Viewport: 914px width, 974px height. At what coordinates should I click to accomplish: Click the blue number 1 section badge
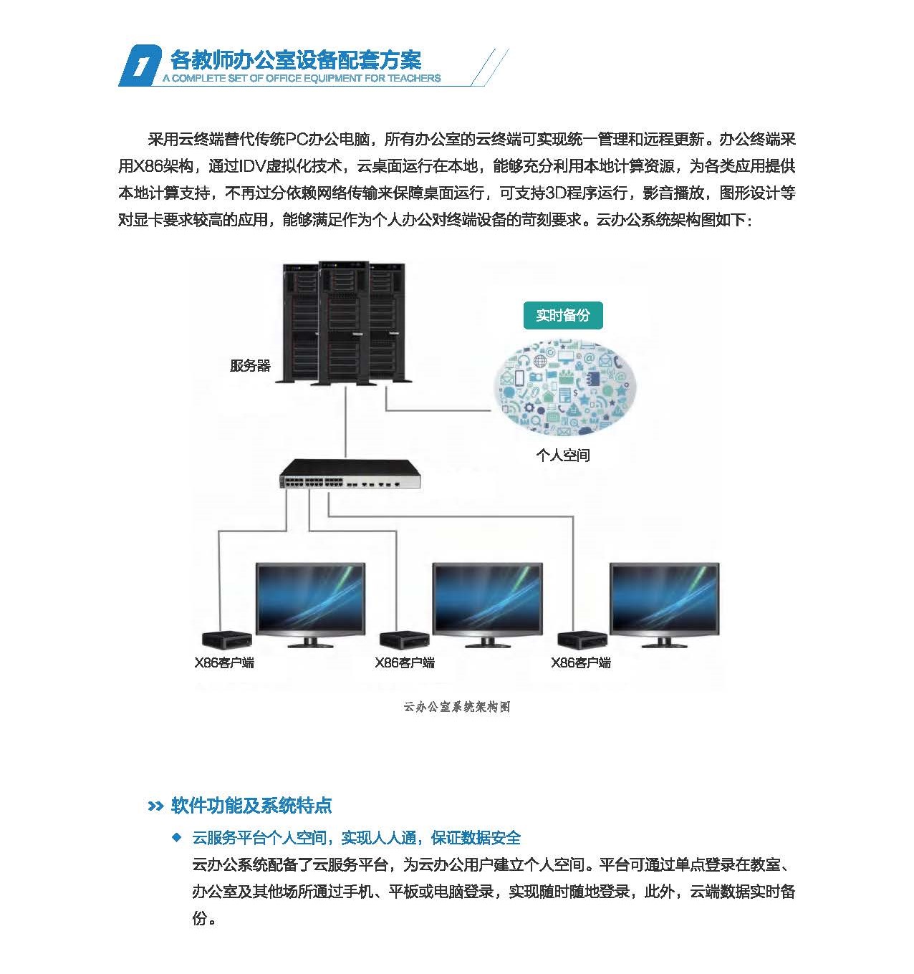[x=140, y=65]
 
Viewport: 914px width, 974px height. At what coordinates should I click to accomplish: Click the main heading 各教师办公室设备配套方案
[x=296, y=60]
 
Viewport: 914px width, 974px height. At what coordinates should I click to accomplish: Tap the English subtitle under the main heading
[x=302, y=79]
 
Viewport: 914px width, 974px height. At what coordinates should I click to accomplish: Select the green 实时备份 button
[x=563, y=315]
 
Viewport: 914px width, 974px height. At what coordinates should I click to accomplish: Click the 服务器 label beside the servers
[x=250, y=365]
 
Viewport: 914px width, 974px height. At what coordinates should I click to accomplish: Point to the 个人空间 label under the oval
[x=563, y=455]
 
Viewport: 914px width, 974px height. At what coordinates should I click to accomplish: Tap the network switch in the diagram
[x=350, y=474]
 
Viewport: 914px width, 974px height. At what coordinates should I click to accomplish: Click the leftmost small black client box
[x=227, y=639]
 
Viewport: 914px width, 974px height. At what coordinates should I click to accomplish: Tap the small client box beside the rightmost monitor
[x=582, y=639]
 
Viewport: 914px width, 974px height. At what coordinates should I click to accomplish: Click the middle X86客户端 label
[x=405, y=662]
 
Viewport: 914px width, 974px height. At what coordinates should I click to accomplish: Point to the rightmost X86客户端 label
[x=581, y=662]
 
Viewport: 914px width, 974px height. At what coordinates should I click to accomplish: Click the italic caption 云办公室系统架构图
[x=457, y=707]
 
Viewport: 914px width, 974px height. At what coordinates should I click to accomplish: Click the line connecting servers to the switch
[x=346, y=422]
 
